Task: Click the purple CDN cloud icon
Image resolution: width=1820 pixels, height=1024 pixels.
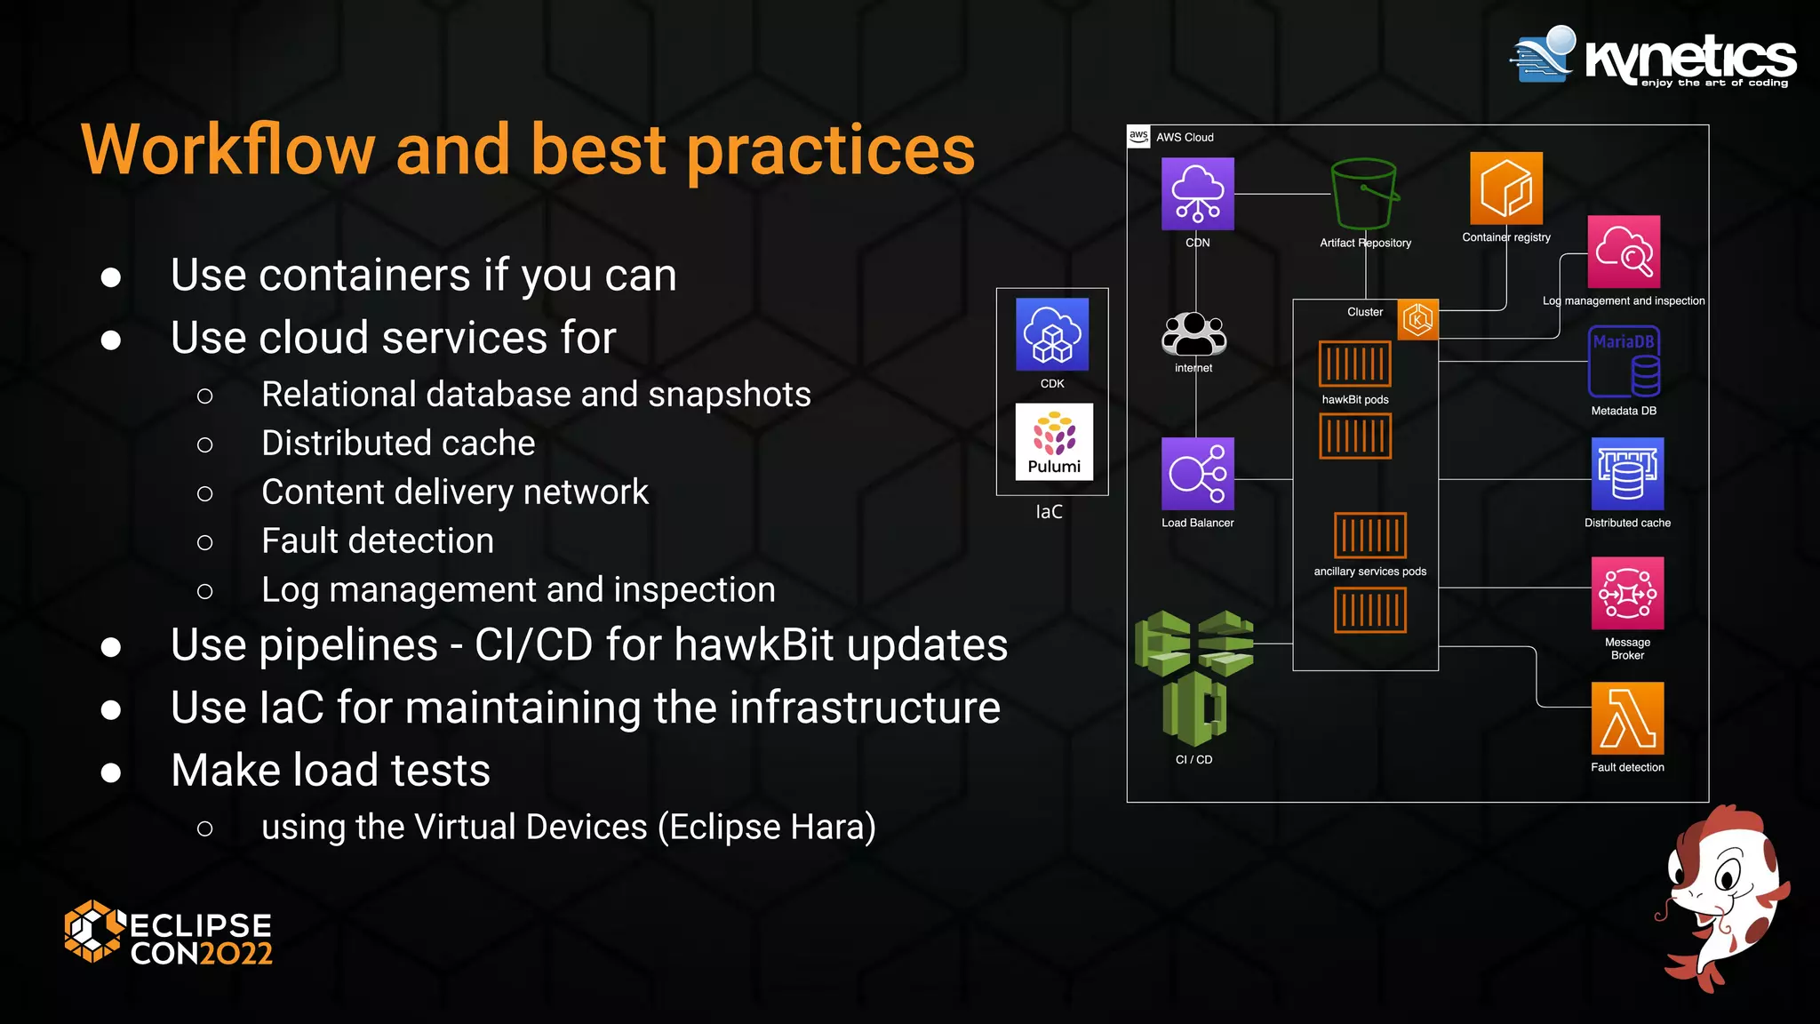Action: (1197, 194)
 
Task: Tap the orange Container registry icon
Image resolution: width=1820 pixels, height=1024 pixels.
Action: (1505, 188)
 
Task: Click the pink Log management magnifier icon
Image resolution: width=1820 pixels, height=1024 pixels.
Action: (1624, 252)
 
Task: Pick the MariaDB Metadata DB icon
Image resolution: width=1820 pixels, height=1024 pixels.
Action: (1624, 362)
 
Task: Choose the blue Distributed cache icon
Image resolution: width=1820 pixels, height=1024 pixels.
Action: (1627, 474)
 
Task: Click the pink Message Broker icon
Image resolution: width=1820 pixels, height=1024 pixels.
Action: (1627, 593)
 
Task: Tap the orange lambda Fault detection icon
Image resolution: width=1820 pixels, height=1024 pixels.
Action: (1627, 718)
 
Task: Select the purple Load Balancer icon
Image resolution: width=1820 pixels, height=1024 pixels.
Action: (1197, 474)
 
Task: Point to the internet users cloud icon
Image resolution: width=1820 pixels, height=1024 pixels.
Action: (1193, 334)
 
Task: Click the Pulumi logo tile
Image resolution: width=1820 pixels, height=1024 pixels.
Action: (1054, 442)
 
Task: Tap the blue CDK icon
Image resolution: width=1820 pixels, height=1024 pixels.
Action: (1052, 334)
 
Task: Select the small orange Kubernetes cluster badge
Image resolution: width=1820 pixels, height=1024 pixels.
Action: (1417, 319)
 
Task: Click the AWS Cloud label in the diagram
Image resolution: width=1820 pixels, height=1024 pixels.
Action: (1184, 137)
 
